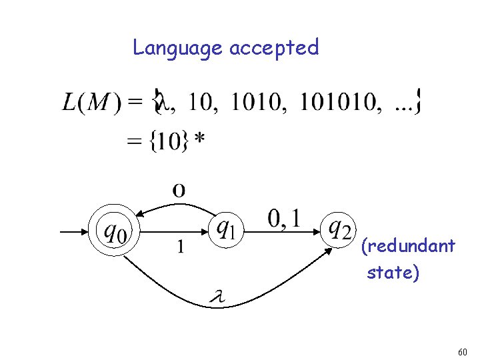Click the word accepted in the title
tap(274, 48)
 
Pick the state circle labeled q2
tap(339, 231)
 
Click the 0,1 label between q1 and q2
tap(283, 218)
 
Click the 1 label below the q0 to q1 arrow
tap(179, 247)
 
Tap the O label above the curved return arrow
tap(179, 191)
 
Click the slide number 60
tap(463, 351)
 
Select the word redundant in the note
tap(408, 247)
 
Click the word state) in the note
tap(393, 273)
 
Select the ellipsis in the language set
tap(404, 105)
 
